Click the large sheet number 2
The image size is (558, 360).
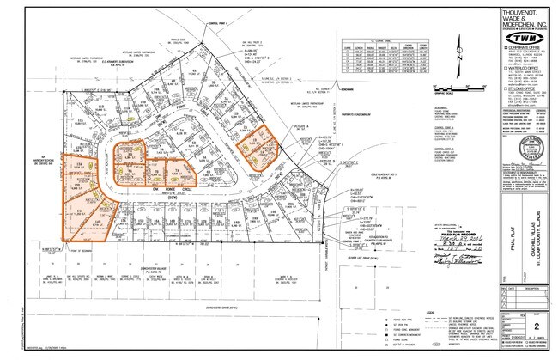(537, 326)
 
